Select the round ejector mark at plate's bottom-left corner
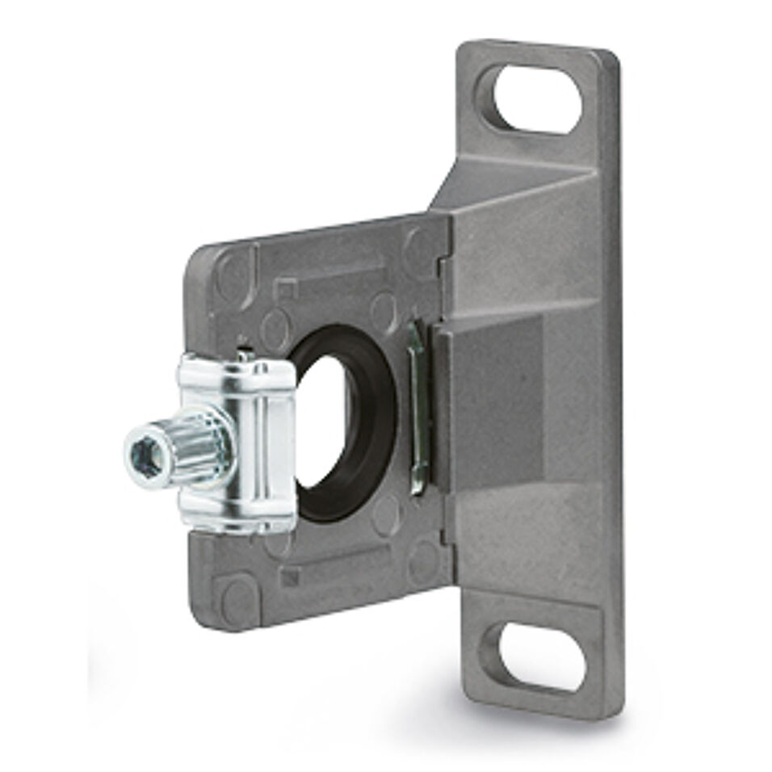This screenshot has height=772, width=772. coord(237,602)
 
